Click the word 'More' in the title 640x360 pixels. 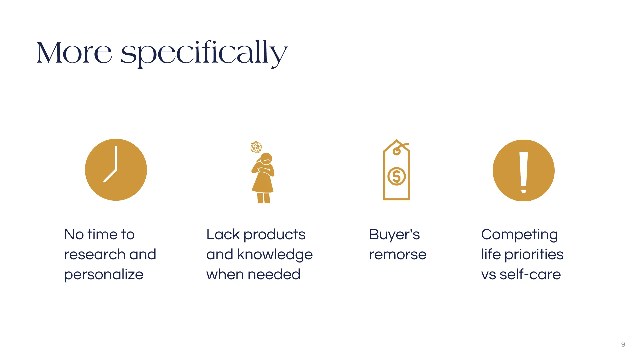pos(74,53)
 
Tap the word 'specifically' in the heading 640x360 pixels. pos(204,53)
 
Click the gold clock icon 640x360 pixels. pos(116,170)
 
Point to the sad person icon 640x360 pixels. pos(263,172)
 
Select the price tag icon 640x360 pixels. pos(397,170)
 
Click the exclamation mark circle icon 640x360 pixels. pos(524,170)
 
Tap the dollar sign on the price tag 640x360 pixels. pos(397,176)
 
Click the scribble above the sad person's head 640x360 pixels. pos(256,147)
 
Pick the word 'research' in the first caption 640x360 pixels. pos(94,255)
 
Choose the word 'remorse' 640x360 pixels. pos(398,255)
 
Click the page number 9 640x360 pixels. pos(623,344)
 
